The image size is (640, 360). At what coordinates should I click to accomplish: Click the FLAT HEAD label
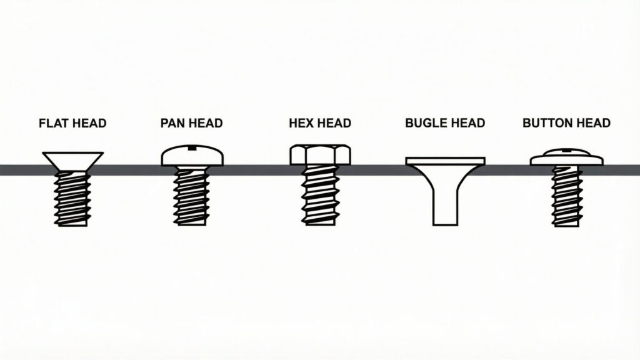coord(72,123)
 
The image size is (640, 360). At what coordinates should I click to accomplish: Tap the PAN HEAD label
coord(191,123)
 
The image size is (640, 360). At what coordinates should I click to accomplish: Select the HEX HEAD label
coord(320,123)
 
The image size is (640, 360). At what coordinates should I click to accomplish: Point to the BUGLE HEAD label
coord(445,123)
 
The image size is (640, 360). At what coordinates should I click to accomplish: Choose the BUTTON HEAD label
coord(566,123)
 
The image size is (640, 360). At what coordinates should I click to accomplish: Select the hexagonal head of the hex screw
coord(320,155)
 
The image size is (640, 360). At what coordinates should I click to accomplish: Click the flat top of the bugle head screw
coord(445,161)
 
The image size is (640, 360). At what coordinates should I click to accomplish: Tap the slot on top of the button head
coord(566,151)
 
